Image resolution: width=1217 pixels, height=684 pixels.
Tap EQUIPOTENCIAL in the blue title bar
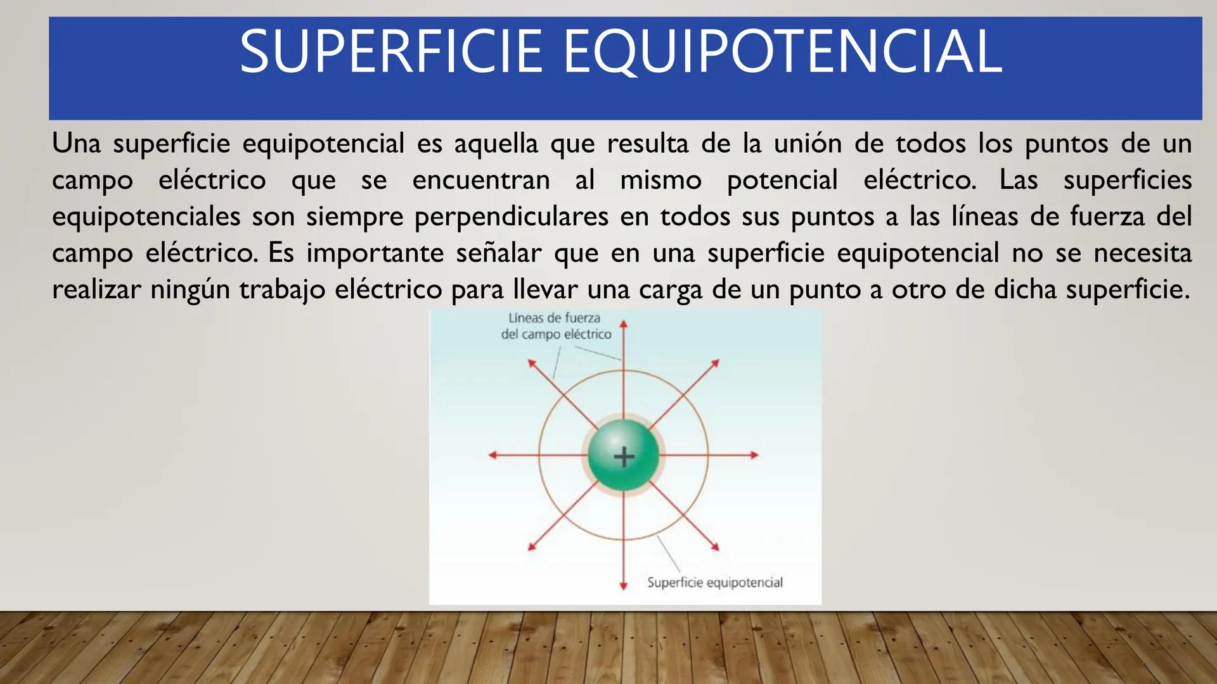[782, 52]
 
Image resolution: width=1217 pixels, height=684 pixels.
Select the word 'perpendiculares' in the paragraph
[511, 217]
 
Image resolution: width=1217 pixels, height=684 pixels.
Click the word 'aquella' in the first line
[496, 143]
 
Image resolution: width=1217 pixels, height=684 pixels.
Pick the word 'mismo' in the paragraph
[660, 180]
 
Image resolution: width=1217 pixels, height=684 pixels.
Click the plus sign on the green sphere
[624, 456]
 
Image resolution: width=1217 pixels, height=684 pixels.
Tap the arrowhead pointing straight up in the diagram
[624, 324]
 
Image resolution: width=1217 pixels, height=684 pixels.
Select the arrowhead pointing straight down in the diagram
[624, 586]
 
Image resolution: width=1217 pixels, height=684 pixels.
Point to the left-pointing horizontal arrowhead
[493, 455]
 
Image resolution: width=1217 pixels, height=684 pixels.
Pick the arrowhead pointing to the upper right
[716, 363]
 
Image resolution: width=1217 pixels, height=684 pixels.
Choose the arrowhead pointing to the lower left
[532, 547]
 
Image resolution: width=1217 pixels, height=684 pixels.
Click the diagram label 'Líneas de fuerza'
[554, 318]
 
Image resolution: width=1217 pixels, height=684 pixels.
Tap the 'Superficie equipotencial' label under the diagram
[714, 583]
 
